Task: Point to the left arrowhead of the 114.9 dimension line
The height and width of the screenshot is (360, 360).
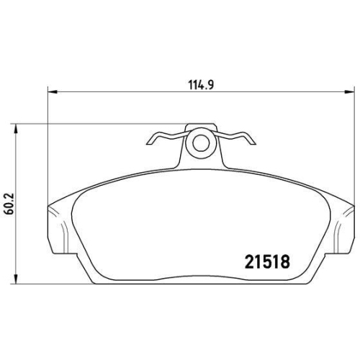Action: click(x=52, y=92)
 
